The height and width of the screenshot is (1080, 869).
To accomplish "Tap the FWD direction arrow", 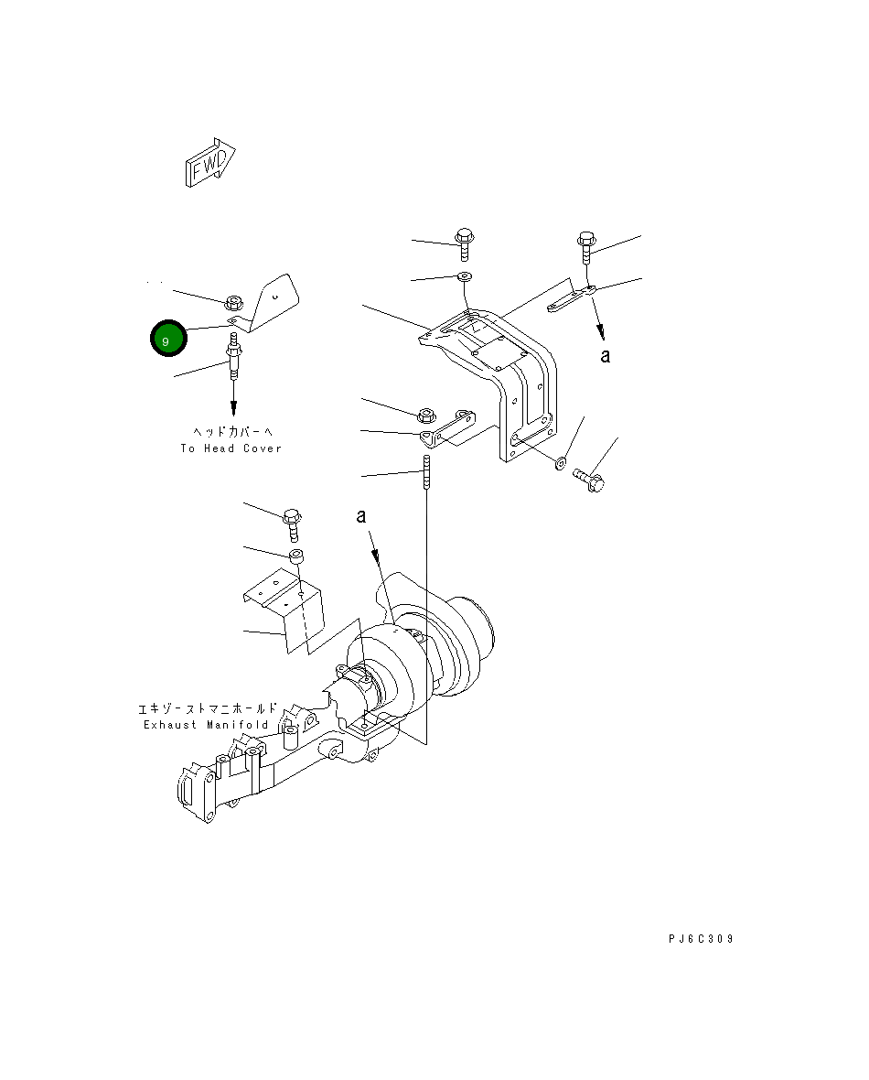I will [x=209, y=163].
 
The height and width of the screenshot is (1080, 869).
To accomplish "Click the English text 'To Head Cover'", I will [x=231, y=448].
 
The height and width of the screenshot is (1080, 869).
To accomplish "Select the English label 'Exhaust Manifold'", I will [x=206, y=725].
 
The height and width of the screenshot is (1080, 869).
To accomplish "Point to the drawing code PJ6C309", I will [x=700, y=939].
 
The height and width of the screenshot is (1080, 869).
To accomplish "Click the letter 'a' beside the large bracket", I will [x=605, y=356].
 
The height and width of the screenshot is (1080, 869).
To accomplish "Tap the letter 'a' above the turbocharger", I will [x=362, y=518].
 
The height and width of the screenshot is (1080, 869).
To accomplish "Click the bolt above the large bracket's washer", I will [x=464, y=243].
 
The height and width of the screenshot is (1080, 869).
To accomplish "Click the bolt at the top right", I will [x=586, y=247].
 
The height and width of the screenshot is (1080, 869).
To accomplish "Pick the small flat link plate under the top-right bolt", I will [x=572, y=299].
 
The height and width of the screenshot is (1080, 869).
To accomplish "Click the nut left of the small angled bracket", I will [x=425, y=414].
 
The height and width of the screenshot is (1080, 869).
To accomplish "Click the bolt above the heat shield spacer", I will [x=293, y=523].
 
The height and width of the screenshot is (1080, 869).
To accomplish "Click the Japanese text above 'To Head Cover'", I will [x=233, y=431].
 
